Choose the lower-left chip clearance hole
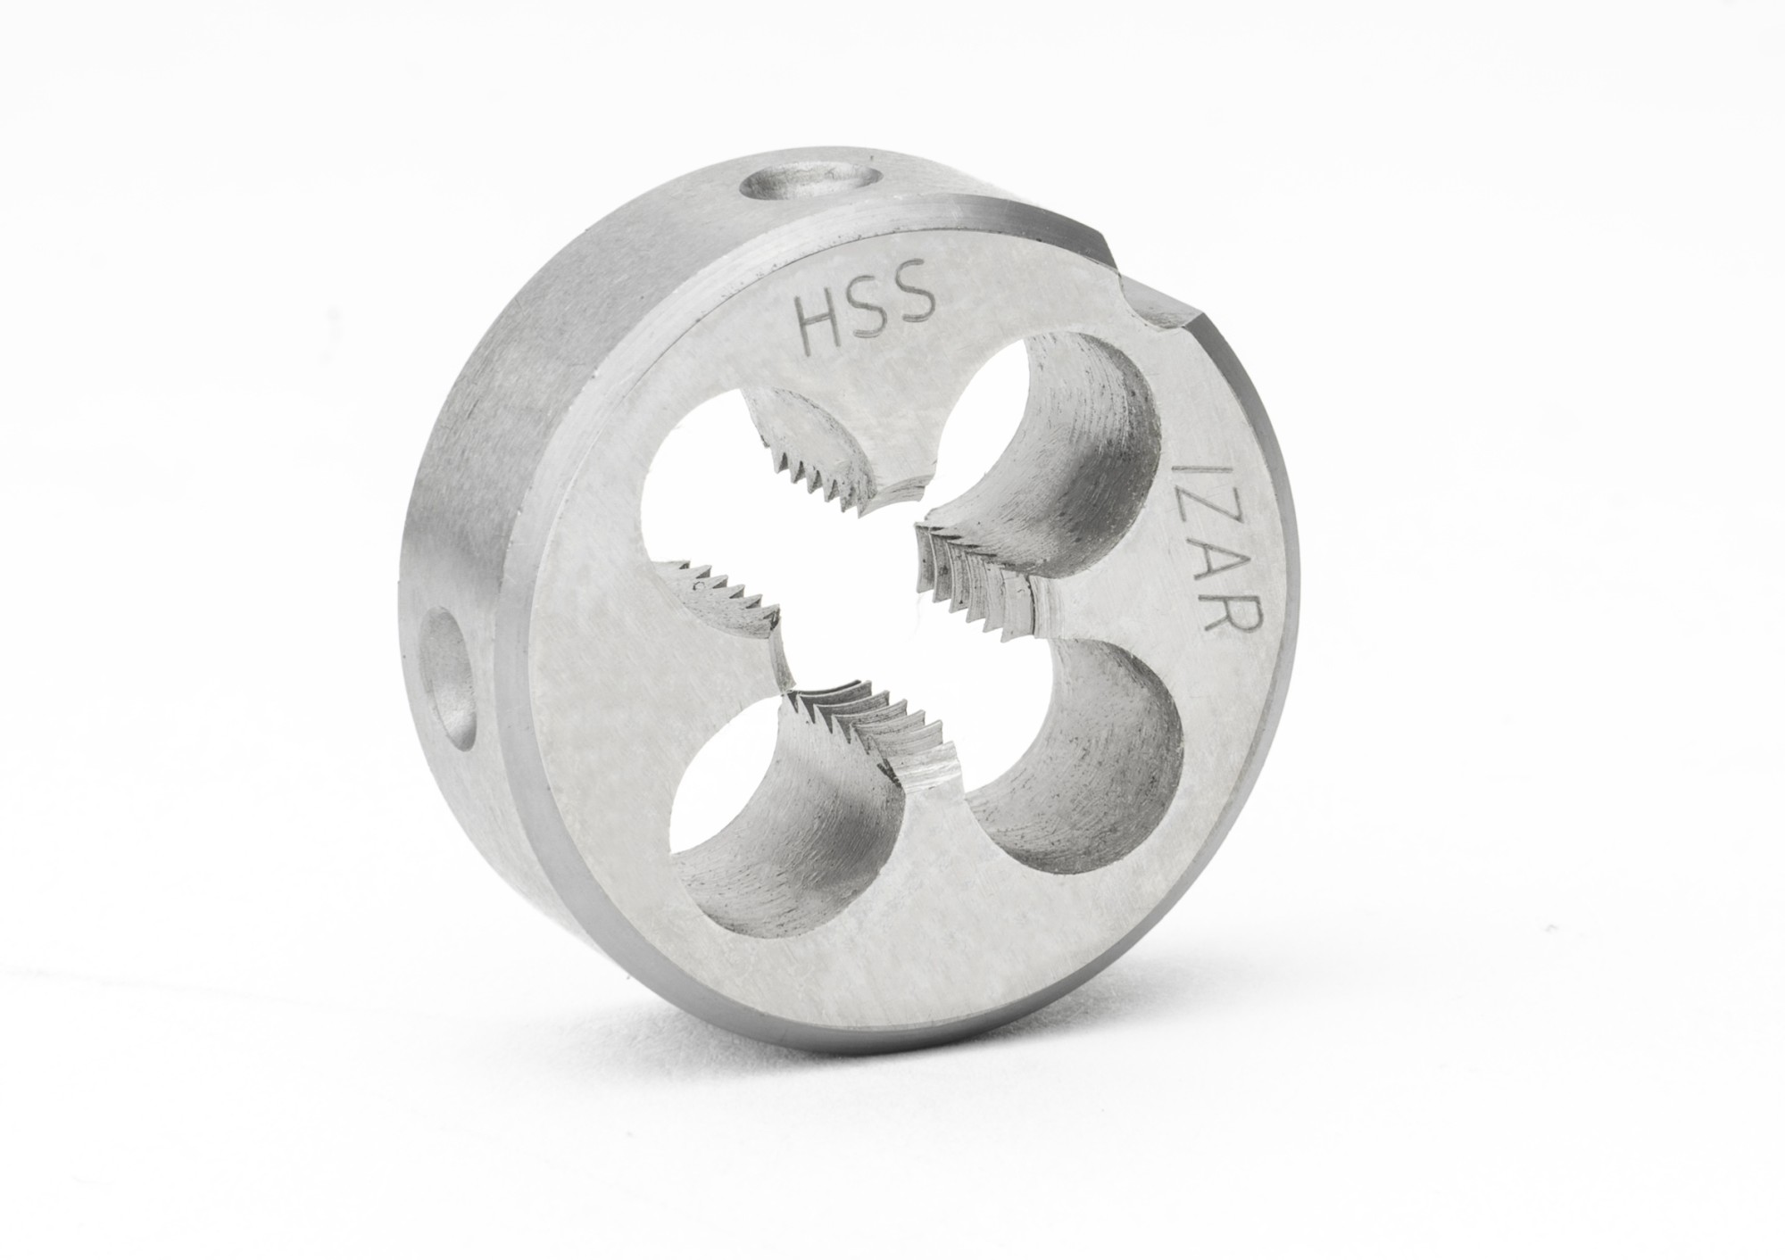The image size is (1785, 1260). point(768,857)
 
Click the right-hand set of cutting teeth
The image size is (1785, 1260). point(973,580)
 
